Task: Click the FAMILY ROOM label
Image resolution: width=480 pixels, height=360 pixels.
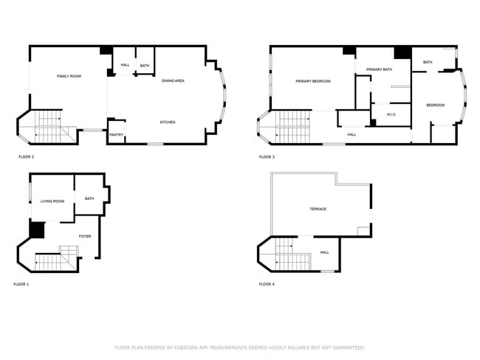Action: click(x=69, y=77)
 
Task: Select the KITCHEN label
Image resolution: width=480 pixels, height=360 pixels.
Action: click(x=168, y=122)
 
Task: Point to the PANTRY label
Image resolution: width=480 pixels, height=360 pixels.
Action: click(x=116, y=134)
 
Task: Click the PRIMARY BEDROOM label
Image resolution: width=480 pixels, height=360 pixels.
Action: click(x=312, y=81)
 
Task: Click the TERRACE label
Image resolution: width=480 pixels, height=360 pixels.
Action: click(x=318, y=209)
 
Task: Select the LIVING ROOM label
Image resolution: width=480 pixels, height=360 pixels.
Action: click(x=52, y=201)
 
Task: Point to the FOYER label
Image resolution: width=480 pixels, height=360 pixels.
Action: click(x=85, y=236)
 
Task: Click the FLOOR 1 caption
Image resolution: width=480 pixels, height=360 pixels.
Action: click(x=21, y=284)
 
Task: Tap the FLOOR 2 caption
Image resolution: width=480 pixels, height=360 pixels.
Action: click(x=26, y=157)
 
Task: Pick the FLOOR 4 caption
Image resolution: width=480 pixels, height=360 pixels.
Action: click(x=267, y=284)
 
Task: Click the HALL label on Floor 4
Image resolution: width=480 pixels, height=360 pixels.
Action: click(x=324, y=252)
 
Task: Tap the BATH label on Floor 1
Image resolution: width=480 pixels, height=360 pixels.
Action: click(x=89, y=198)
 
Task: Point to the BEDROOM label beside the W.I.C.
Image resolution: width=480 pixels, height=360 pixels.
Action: click(x=436, y=105)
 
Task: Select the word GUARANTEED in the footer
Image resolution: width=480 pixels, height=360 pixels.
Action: click(x=346, y=347)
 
